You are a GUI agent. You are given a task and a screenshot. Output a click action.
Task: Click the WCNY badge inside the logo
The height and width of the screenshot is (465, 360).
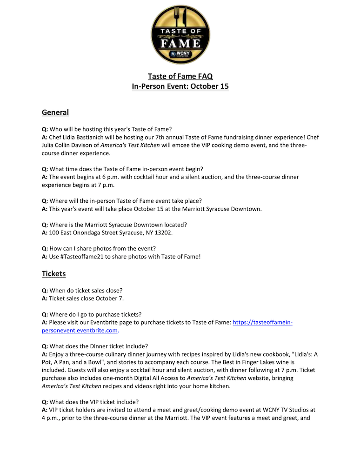pos(180,54)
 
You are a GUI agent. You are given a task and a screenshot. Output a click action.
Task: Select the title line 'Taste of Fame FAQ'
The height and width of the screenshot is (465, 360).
pos(180,76)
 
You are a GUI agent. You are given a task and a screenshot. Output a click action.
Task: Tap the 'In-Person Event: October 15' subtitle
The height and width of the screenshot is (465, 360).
pos(180,86)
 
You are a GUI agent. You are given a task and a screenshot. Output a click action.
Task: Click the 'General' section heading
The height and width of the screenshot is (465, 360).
pos(55,112)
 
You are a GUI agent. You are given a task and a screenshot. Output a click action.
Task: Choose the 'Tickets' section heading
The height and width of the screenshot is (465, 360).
pos(53,273)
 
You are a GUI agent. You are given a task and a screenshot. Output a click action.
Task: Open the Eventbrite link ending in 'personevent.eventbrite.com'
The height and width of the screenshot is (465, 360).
pos(80,330)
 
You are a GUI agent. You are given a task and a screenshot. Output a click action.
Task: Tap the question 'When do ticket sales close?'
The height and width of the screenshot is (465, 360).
pos(86,290)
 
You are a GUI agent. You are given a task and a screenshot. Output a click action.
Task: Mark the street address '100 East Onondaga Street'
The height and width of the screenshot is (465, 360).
pos(83,232)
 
